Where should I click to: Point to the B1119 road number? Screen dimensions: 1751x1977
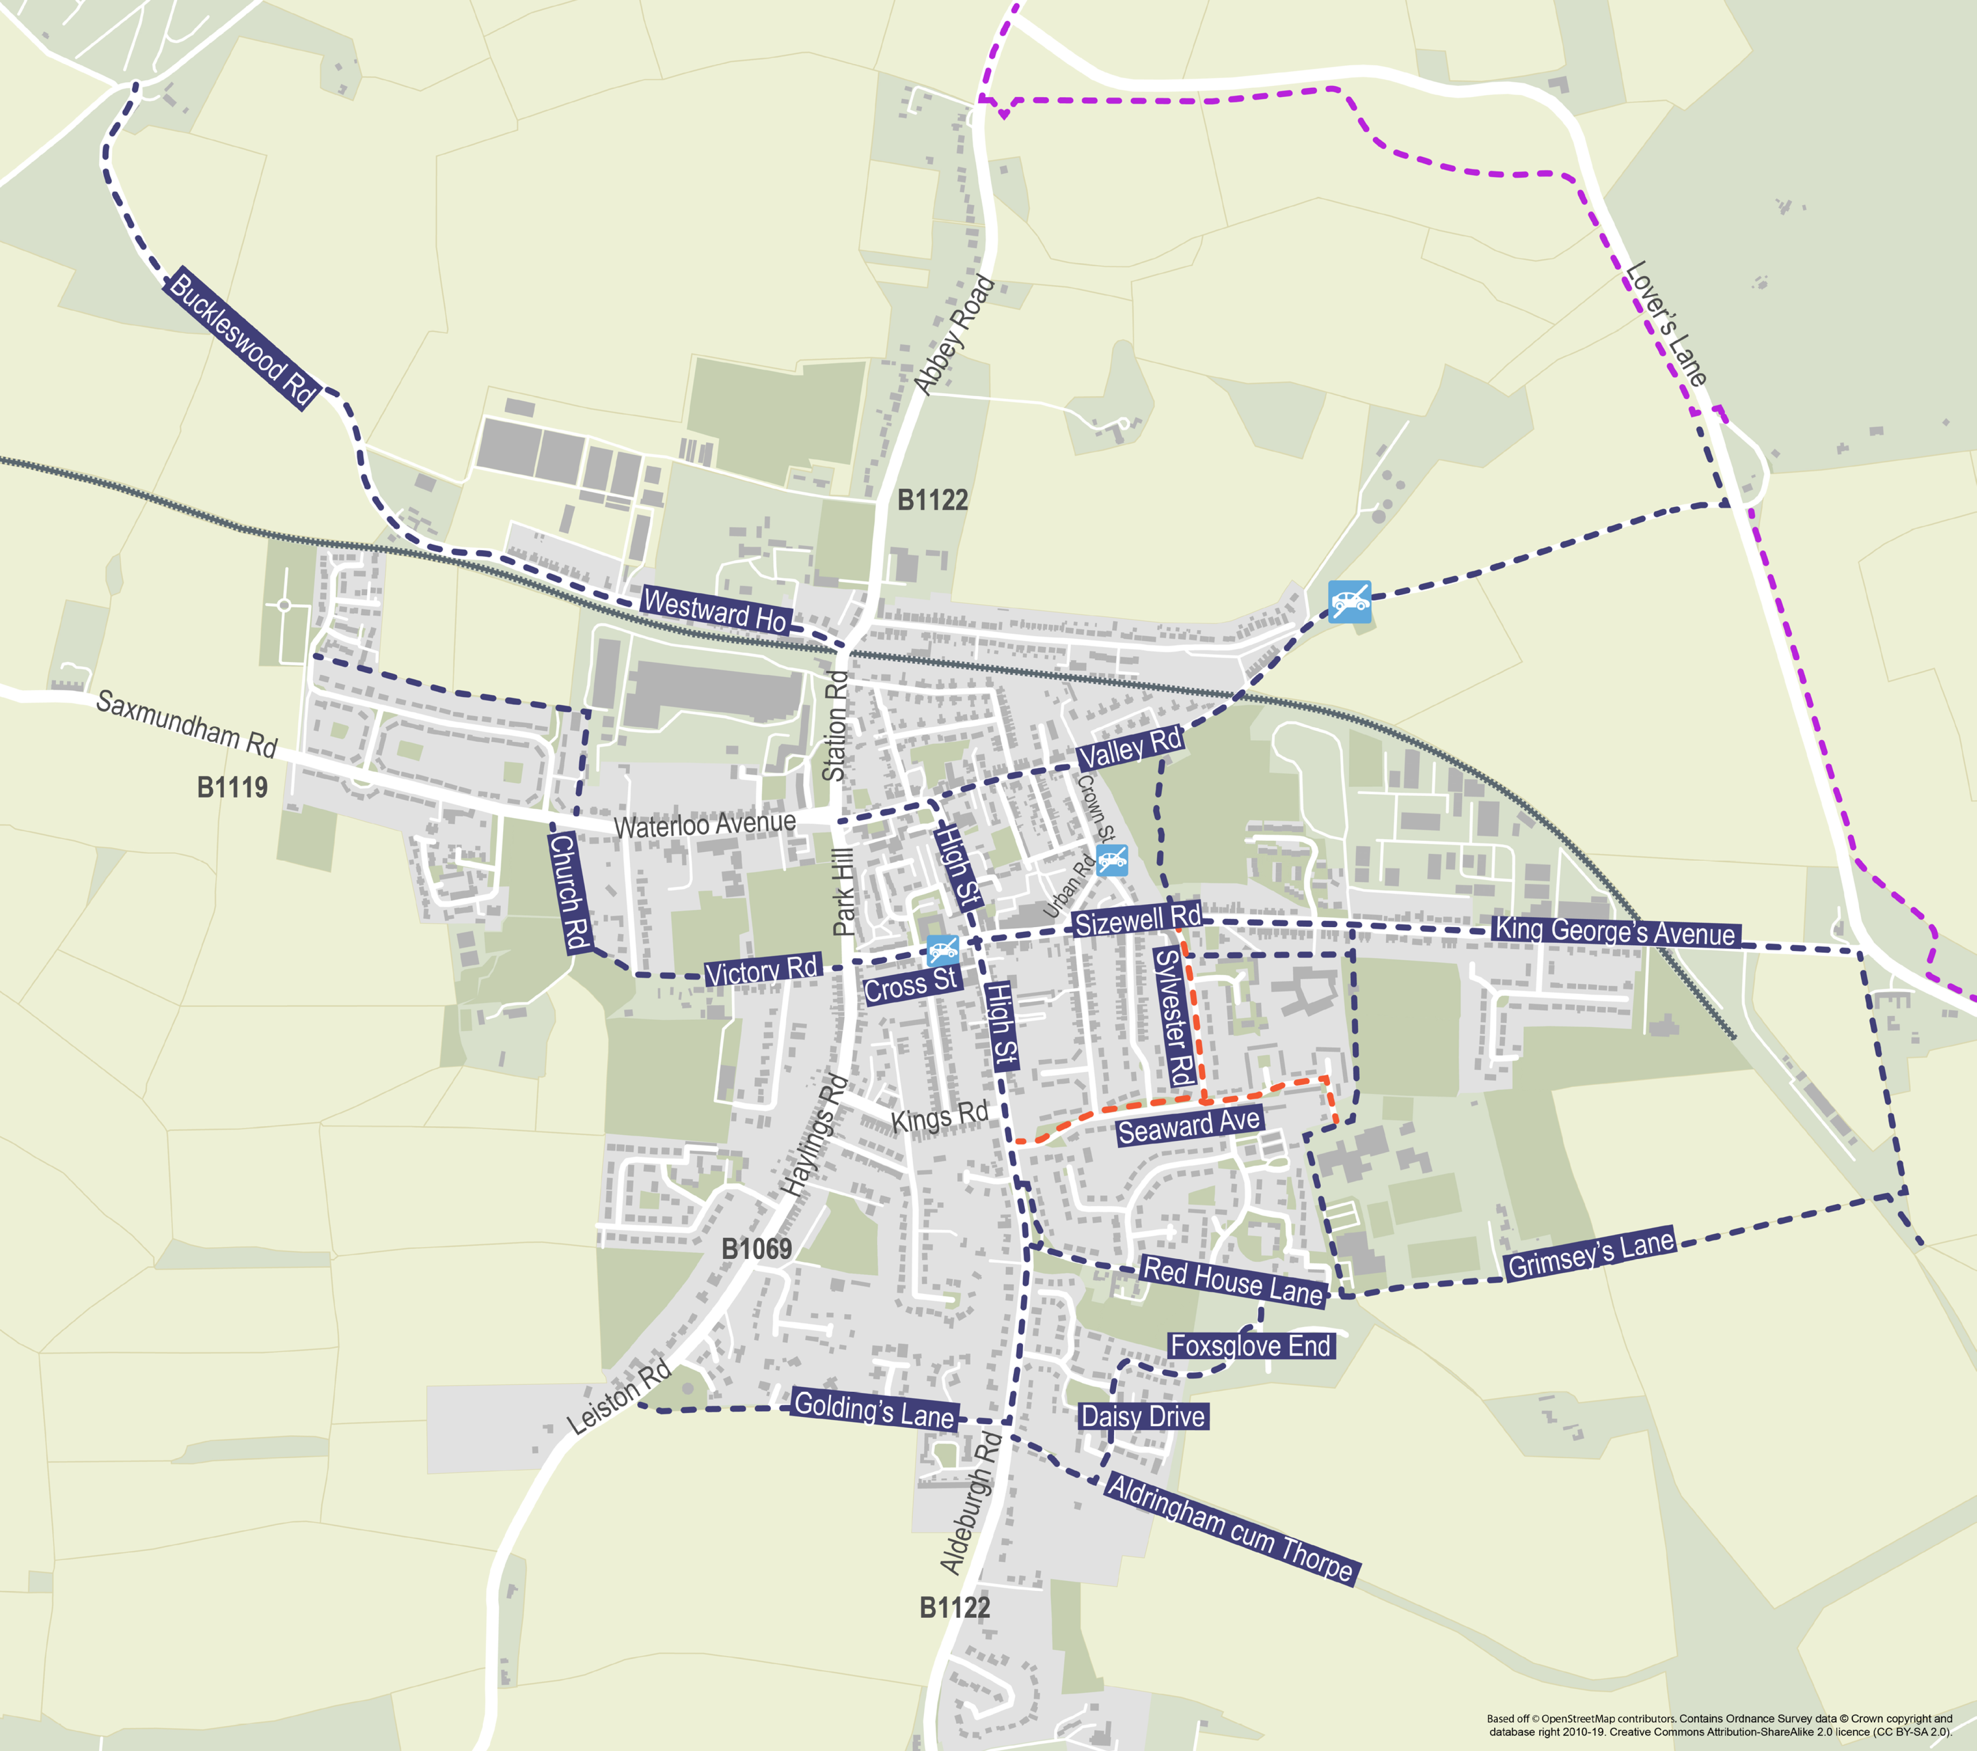coord(232,787)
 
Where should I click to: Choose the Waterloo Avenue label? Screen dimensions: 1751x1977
coord(705,825)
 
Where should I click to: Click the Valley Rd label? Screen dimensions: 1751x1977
coord(1130,747)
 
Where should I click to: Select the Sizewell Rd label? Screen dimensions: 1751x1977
coord(1138,920)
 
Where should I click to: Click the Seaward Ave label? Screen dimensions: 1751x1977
coord(1189,1126)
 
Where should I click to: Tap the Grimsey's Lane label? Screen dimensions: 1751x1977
coord(1590,1254)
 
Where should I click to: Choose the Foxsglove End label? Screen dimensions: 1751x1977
coord(1250,1346)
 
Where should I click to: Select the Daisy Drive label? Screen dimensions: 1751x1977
coord(1143,1416)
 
